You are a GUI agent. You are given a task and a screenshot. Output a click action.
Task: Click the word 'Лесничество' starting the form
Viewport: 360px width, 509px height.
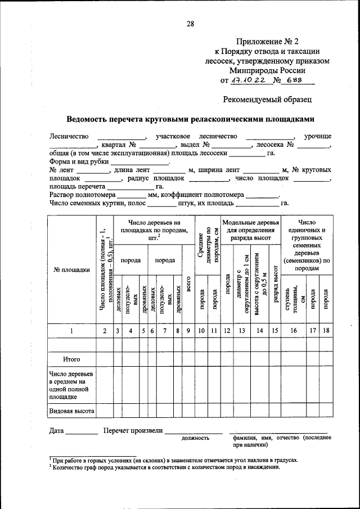69,136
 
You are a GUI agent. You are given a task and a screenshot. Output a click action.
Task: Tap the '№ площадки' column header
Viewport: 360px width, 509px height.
71,269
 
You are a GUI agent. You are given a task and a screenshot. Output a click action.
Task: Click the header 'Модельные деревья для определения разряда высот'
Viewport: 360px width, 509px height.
250,229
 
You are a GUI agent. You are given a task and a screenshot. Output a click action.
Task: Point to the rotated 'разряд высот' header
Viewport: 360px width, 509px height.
274,284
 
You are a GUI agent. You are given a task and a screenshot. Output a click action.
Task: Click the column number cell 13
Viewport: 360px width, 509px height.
242,331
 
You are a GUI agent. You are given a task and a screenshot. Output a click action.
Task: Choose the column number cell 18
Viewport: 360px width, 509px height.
326,331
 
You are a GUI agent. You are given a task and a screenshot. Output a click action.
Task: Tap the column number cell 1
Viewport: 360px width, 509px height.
71,331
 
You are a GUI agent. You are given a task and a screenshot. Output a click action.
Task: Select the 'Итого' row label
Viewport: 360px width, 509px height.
71,359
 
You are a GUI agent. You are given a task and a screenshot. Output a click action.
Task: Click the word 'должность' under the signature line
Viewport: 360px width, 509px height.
195,438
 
